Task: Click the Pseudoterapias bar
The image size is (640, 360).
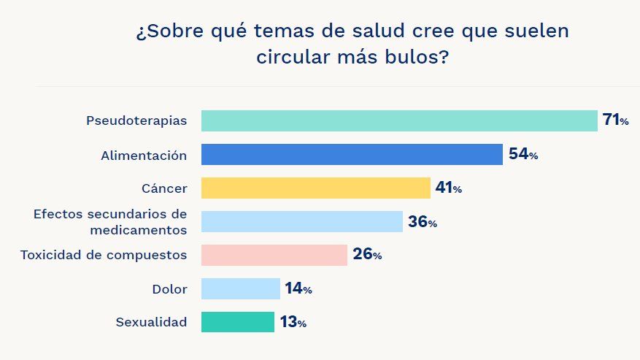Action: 399,120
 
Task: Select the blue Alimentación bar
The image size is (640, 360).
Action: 352,155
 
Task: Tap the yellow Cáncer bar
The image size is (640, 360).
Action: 315,188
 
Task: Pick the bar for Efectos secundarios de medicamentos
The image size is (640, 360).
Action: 301,222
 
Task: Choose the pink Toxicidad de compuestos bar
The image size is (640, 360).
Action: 274,255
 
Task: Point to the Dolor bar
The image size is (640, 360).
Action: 240,288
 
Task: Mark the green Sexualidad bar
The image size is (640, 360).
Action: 237,322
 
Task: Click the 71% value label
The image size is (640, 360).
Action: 615,120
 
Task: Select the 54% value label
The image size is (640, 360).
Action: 523,155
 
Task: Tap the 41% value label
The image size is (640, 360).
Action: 448,188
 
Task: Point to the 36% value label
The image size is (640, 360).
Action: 423,222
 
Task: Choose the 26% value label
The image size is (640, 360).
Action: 367,255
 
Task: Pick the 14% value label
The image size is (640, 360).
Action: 298,289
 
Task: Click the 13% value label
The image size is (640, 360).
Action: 293,323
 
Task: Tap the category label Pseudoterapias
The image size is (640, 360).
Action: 136,120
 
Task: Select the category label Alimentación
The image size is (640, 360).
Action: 144,155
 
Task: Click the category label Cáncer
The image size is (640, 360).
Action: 164,188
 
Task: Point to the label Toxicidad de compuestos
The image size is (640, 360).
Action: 104,255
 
